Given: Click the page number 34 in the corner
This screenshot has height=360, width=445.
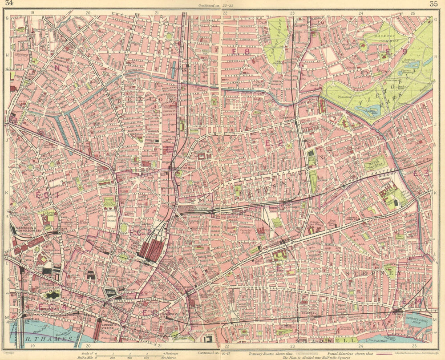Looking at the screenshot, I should tap(8, 5).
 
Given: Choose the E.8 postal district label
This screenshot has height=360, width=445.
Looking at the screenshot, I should tap(237, 52).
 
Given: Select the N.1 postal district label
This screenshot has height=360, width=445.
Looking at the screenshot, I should tap(58, 67).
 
